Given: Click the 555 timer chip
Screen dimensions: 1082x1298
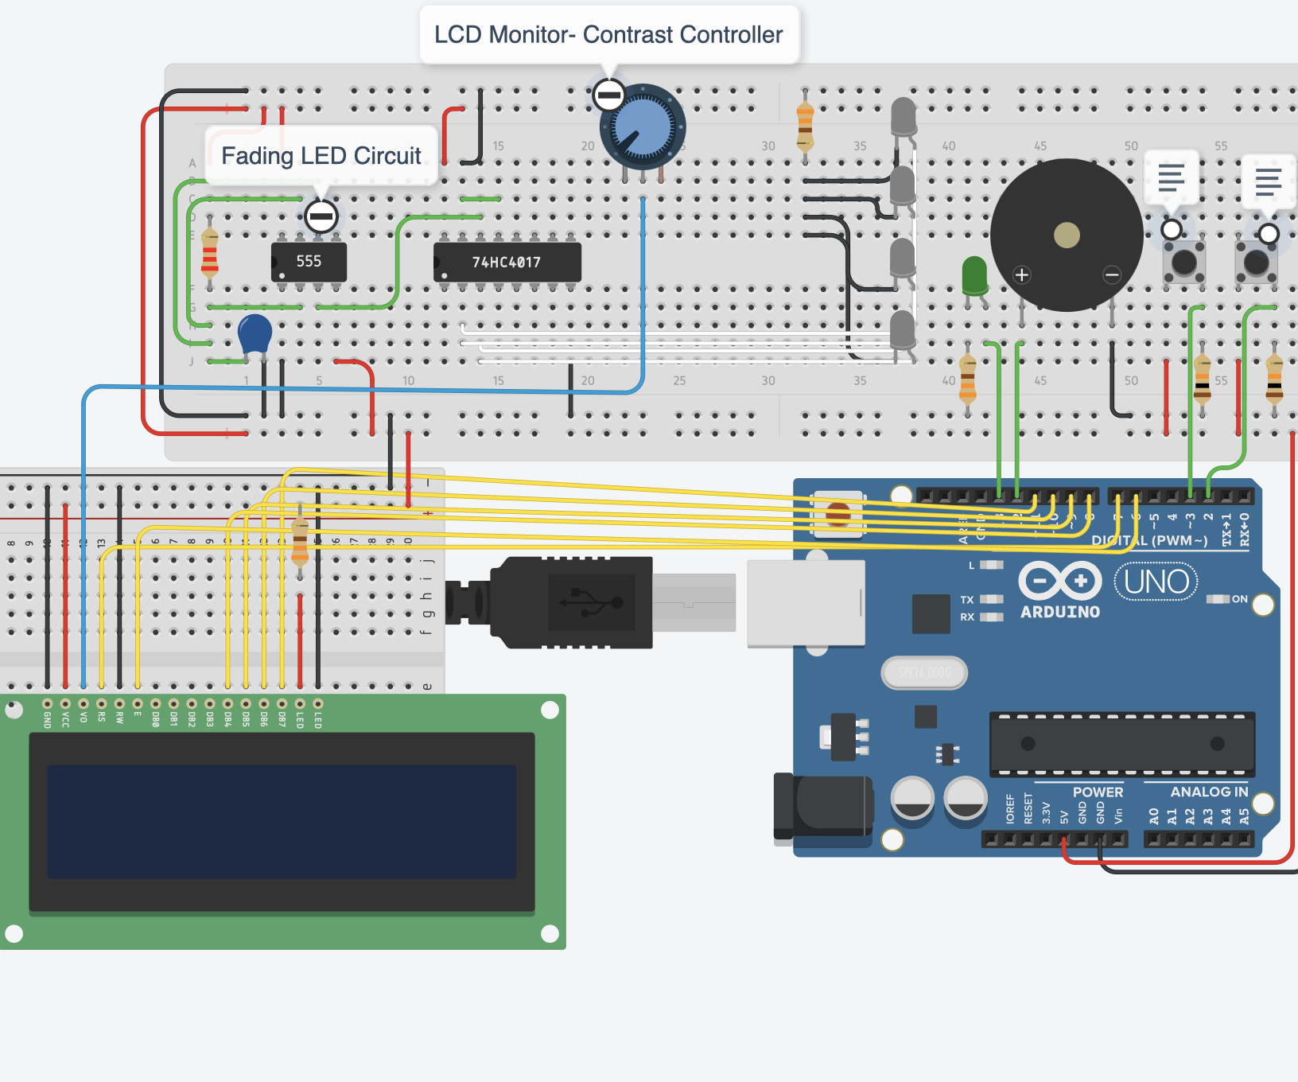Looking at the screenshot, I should pyautogui.click(x=309, y=262).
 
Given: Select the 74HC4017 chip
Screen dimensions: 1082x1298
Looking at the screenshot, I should pyautogui.click(x=507, y=263).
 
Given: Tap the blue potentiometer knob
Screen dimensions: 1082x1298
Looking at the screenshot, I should pyautogui.click(x=643, y=126).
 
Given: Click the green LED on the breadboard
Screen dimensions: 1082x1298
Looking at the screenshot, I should pyautogui.click(x=974, y=274).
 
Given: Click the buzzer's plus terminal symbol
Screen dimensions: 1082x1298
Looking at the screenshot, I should pyautogui.click(x=1022, y=275).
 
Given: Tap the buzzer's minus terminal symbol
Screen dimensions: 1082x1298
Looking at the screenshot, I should pyautogui.click(x=1112, y=275).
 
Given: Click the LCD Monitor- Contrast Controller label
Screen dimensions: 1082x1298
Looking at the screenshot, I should pyautogui.click(x=608, y=35).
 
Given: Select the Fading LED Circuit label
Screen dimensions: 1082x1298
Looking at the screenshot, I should pyautogui.click(x=321, y=156).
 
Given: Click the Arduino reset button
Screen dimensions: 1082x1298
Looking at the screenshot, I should pyautogui.click(x=837, y=514).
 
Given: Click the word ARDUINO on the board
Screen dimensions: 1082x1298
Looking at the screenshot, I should pyautogui.click(x=1060, y=612).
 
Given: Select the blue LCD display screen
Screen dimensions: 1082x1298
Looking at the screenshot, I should pyautogui.click(x=282, y=821).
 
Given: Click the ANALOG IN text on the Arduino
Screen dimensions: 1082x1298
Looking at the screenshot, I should pyautogui.click(x=1209, y=792).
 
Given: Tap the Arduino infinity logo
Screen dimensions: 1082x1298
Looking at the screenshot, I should pyautogui.click(x=1059, y=581).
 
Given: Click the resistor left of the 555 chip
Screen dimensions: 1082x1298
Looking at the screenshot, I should pyautogui.click(x=210, y=253).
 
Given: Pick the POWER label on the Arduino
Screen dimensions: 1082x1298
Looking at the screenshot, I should pyautogui.click(x=1098, y=792).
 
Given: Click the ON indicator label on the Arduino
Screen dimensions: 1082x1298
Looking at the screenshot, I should pyautogui.click(x=1239, y=599).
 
